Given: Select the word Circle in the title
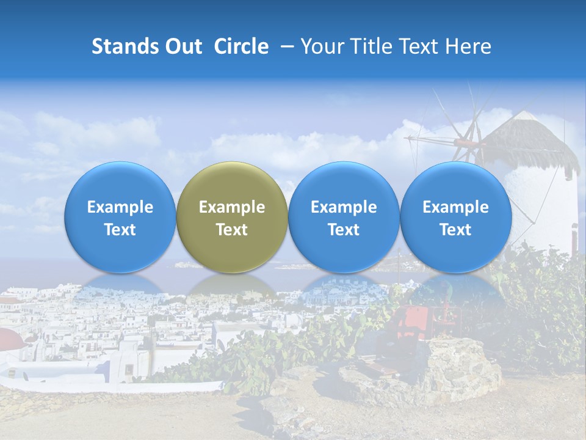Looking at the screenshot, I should click(x=241, y=46).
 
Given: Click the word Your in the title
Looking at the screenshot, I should click(x=321, y=46).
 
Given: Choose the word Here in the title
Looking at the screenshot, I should click(x=469, y=46).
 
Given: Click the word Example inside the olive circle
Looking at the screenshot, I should click(x=232, y=207).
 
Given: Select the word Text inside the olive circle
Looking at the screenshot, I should click(x=232, y=230).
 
